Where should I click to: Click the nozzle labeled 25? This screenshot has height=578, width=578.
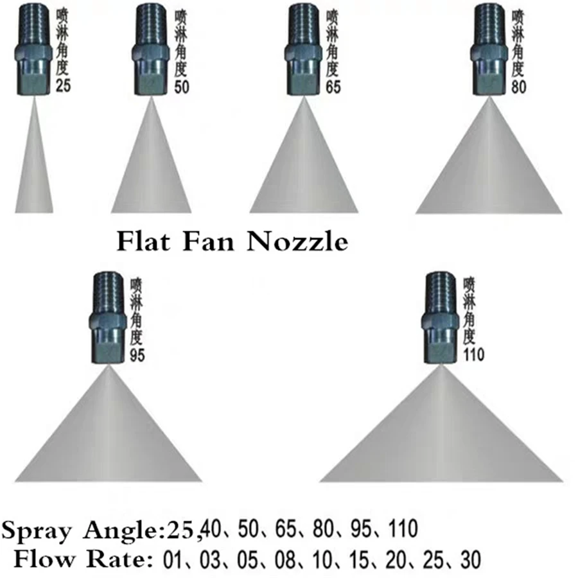point(33,49)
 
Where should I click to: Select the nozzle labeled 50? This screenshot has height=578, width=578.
point(150,49)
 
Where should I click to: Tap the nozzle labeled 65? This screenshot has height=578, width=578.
point(303,49)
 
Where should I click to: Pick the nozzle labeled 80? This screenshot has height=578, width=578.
point(489,49)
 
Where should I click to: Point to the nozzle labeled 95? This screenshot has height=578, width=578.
point(108,318)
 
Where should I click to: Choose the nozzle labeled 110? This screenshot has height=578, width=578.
point(440,318)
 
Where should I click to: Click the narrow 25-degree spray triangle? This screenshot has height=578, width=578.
point(34,155)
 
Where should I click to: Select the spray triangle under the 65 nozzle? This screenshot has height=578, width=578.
point(304,155)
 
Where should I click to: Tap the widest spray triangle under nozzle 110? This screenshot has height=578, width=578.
point(441,424)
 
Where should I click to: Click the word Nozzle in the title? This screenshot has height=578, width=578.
point(297,241)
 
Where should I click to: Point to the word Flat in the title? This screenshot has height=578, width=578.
point(143,241)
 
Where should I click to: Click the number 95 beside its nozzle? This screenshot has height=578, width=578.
point(137,355)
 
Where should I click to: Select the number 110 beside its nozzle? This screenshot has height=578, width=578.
point(474,355)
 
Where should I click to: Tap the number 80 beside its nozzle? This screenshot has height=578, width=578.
point(519,87)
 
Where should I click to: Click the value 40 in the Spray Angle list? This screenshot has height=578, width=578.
point(213,529)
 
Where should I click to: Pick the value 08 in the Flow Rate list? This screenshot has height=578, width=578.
point(285,559)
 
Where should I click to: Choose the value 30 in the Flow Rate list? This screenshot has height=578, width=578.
point(471,559)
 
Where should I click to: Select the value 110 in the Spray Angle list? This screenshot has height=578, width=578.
point(403,529)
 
